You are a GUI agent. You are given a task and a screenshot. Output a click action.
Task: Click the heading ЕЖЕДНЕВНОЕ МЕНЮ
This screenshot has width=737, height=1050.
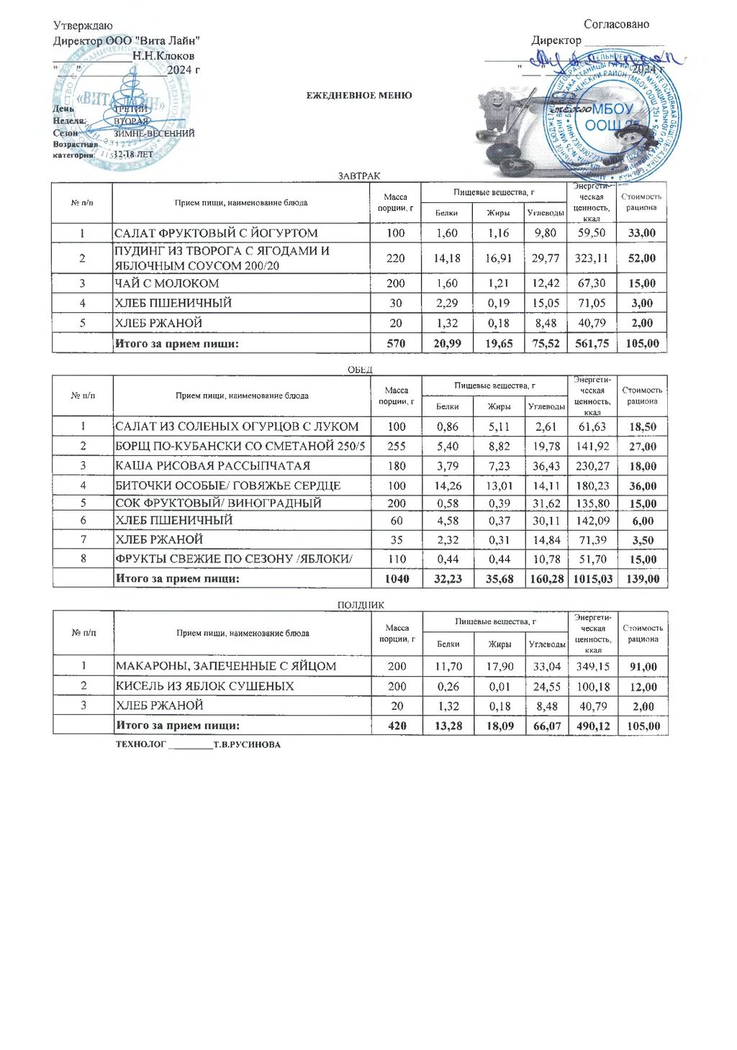pos(359,96)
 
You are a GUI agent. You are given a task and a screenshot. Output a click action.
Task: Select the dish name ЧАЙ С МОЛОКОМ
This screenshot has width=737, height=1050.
pos(167,283)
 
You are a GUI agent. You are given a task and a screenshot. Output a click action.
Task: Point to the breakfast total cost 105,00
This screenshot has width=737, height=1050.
pos(642,344)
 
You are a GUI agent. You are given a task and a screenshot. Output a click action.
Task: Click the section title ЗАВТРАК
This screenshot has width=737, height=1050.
pos(359,176)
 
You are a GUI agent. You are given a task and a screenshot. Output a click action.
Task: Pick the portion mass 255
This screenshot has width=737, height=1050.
pos(397,447)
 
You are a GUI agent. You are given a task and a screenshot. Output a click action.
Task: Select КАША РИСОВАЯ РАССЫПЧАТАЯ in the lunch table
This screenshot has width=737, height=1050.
pos(213,466)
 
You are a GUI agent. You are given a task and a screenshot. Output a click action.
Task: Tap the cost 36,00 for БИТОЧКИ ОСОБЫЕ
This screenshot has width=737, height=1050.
pos(643,486)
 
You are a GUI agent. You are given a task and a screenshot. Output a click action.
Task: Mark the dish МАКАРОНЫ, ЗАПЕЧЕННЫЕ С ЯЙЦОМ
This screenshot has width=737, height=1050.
pos(226,667)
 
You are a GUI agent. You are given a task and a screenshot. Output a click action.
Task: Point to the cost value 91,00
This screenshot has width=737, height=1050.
pos(643,667)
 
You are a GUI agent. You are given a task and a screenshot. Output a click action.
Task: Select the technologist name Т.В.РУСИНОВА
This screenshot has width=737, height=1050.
pos(247,745)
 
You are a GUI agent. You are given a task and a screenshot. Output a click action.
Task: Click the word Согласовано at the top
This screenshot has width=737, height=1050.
pos(616,24)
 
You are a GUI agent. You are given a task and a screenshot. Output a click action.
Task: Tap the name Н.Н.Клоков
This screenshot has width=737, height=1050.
pos(163,56)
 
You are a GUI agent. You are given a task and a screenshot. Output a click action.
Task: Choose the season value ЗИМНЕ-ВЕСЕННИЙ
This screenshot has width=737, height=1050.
pos(154,133)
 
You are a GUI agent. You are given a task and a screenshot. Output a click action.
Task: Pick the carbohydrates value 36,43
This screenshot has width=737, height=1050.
pos(546,466)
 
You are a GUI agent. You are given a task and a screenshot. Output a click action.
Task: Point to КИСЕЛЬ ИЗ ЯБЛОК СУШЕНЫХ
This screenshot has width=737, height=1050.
pos(205,687)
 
